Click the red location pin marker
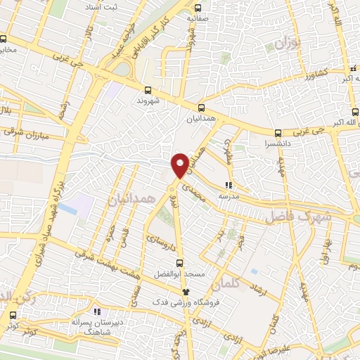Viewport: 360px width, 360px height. [x=180, y=165]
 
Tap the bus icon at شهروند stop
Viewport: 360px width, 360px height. [x=148, y=90]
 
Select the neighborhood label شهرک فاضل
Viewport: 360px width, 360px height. [x=297, y=217]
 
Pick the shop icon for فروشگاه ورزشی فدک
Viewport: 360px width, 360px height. [x=186, y=291]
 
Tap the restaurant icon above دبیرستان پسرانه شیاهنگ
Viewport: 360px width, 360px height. [x=96, y=310]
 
